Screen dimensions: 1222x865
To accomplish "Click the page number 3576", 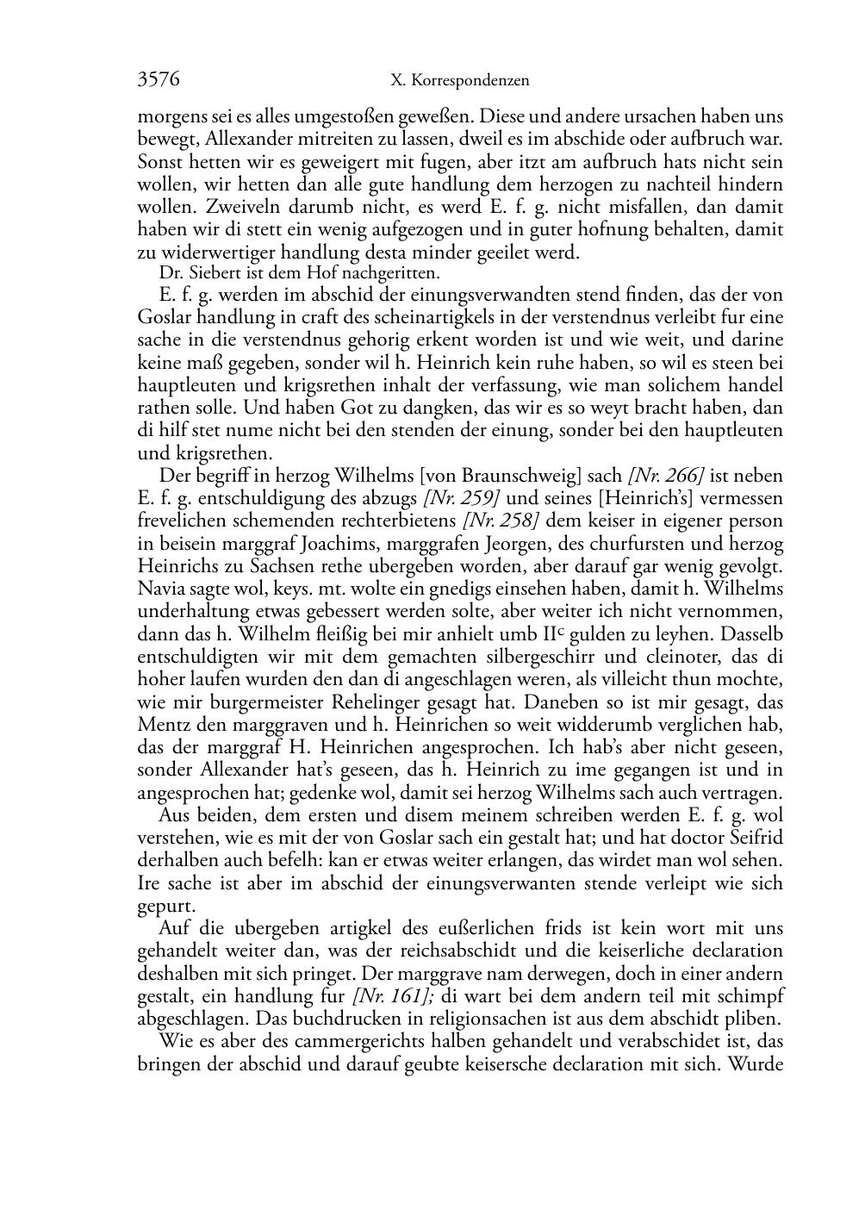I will pyautogui.click(x=159, y=80).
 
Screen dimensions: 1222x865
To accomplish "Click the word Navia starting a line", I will pyautogui.click(x=159, y=589).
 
